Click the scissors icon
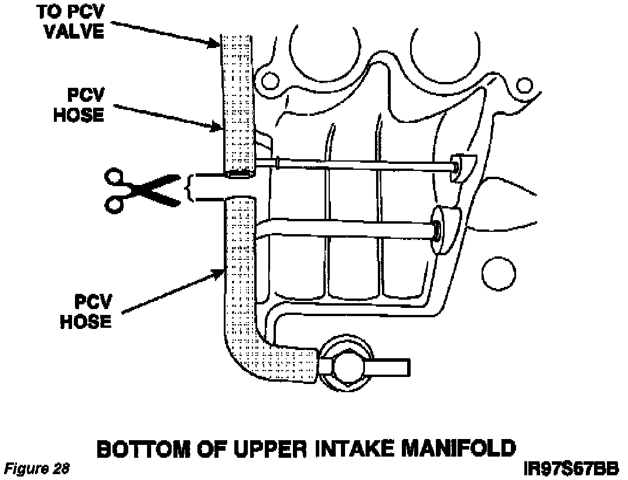[141, 188]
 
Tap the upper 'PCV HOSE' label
[78, 105]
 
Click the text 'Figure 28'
[36, 469]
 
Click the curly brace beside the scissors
[189, 188]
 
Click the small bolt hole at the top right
[525, 85]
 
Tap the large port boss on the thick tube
[444, 229]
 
